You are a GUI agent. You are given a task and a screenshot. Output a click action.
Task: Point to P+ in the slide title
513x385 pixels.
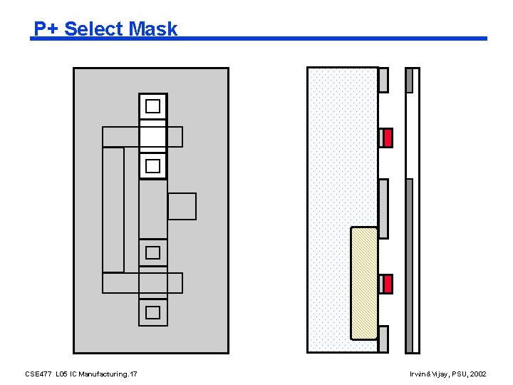click(x=48, y=29)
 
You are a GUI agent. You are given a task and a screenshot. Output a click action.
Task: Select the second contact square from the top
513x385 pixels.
click(x=152, y=166)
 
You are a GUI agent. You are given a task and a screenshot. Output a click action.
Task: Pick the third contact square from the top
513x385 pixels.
click(x=152, y=252)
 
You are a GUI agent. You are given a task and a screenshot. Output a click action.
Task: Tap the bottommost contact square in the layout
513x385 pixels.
click(x=152, y=312)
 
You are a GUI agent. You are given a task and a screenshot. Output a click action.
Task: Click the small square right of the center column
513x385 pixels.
click(x=182, y=206)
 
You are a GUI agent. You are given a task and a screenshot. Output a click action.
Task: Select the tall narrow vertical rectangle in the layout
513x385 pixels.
click(x=113, y=210)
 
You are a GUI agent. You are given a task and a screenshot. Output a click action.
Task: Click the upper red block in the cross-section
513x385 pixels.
click(x=388, y=138)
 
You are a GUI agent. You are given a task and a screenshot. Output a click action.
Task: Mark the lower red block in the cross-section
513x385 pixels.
click(x=388, y=284)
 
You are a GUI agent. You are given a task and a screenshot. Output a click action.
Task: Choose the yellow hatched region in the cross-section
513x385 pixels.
click(x=364, y=283)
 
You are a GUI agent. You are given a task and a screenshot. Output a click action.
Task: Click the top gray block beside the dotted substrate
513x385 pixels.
click(x=383, y=80)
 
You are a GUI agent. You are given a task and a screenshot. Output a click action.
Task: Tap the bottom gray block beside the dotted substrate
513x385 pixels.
click(x=383, y=339)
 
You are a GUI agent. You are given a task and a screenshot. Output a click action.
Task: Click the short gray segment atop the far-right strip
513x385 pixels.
click(x=409, y=80)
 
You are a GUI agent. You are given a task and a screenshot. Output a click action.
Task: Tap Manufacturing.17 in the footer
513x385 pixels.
click(x=109, y=374)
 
